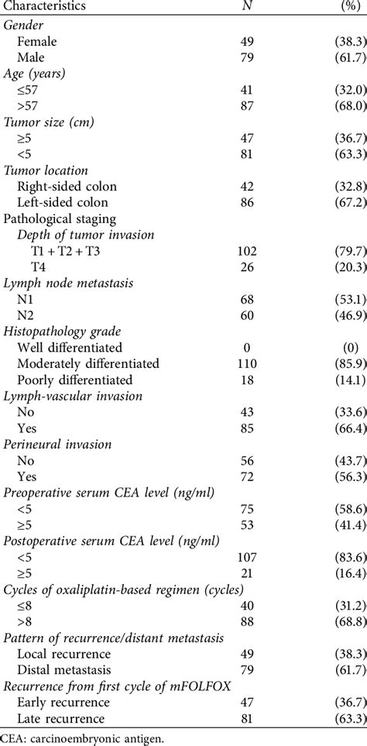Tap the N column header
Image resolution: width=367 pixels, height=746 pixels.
point(246,6)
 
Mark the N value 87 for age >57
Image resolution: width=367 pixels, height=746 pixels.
point(246,118)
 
